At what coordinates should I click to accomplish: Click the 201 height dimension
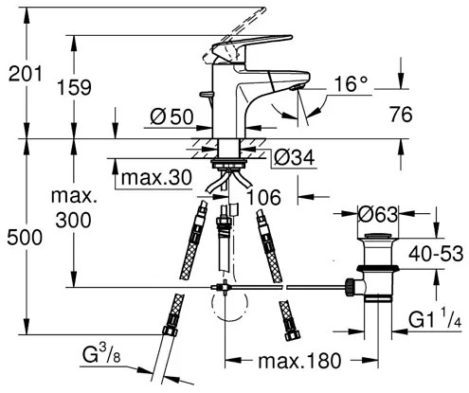pyautogui.click(x=25, y=74)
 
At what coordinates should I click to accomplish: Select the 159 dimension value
pyautogui.click(x=74, y=87)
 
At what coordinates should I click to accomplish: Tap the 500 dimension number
pyautogui.click(x=25, y=238)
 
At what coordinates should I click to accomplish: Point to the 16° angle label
pyautogui.click(x=351, y=83)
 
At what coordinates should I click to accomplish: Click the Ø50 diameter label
pyautogui.click(x=171, y=116)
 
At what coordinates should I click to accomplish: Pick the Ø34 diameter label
pyautogui.click(x=294, y=157)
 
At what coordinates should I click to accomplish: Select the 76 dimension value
pyautogui.click(x=401, y=114)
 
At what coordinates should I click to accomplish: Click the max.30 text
pyautogui.click(x=156, y=177)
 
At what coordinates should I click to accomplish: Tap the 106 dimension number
pyautogui.click(x=263, y=197)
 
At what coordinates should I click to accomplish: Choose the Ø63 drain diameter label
pyautogui.click(x=378, y=215)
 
